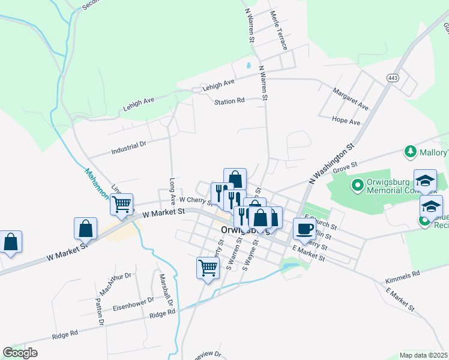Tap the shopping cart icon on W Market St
[x=122, y=205]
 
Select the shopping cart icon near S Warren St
[x=208, y=267]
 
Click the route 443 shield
[x=393, y=78]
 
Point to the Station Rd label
[x=230, y=101]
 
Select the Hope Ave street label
[x=346, y=121]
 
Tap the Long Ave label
[x=172, y=190]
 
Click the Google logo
[x=20, y=353]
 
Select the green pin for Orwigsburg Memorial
[x=357, y=185]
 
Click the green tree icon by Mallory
[x=411, y=151]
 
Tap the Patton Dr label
[x=100, y=313]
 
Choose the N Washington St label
[x=333, y=163]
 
